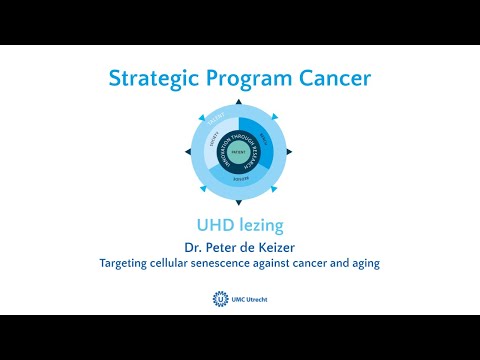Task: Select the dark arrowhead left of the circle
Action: coord(186,152)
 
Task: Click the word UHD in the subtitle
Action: coord(212,226)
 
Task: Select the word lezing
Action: coord(256,226)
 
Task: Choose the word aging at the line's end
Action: coord(363,264)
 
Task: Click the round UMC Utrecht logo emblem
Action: coord(220,299)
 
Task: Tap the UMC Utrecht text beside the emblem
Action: coord(251,299)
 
